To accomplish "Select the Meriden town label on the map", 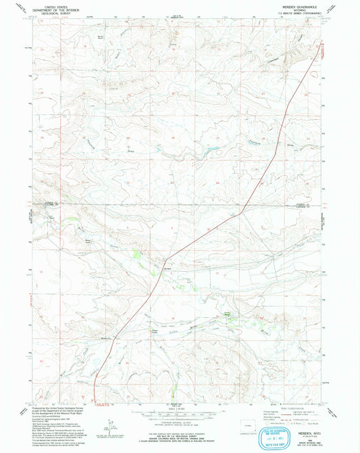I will [x=166, y=268].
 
